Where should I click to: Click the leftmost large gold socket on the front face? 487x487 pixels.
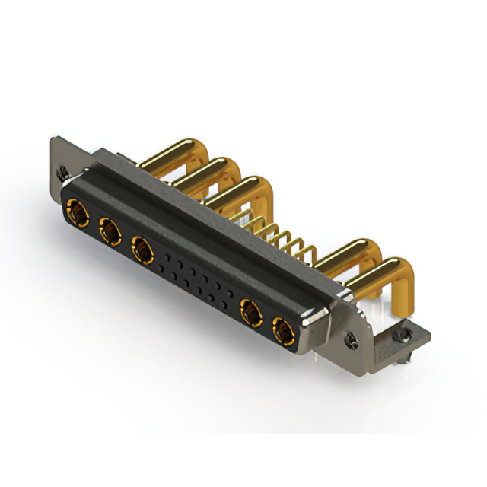(x=77, y=211)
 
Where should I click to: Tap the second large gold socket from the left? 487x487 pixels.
(x=109, y=229)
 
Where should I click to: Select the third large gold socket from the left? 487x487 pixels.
(x=142, y=247)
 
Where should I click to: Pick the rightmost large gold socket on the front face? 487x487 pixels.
(x=283, y=332)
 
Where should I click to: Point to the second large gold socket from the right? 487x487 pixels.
(x=250, y=311)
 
